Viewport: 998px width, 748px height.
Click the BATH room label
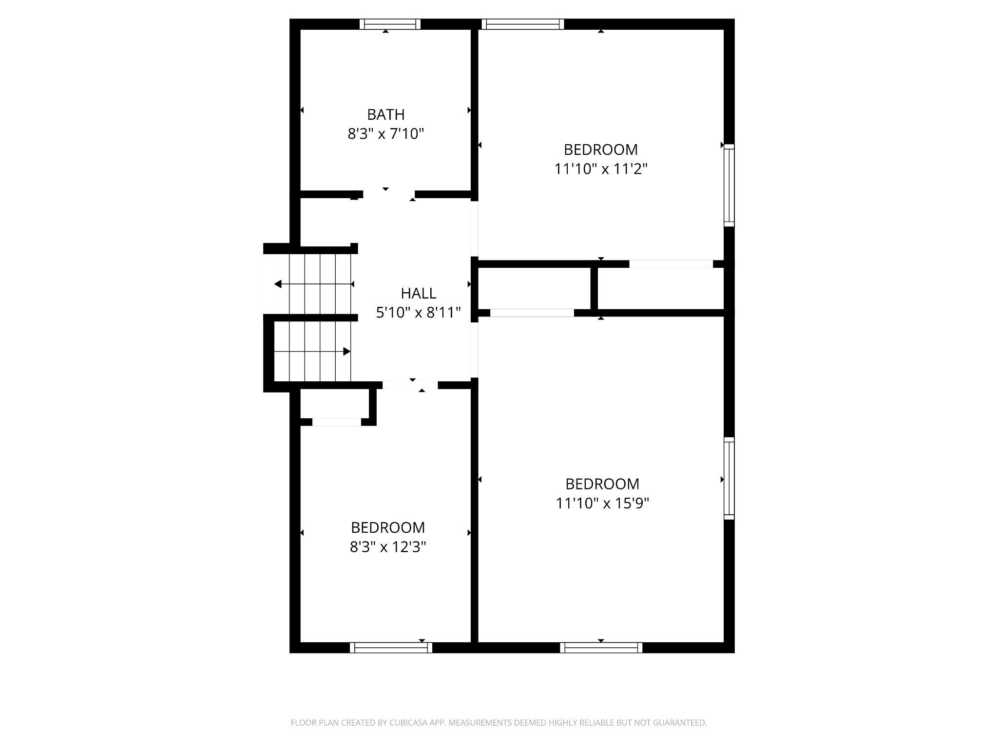tap(385, 114)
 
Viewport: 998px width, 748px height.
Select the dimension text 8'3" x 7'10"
tap(385, 134)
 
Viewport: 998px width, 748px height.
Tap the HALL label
tap(418, 293)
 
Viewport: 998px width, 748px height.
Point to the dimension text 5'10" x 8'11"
tap(418, 313)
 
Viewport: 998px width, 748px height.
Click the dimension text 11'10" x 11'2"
tap(600, 169)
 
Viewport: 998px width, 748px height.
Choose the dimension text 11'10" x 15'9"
tap(602, 503)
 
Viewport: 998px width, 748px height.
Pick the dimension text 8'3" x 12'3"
tap(388, 547)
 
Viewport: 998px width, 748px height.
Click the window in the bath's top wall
tap(390, 24)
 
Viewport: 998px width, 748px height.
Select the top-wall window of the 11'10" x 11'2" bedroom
tap(523, 24)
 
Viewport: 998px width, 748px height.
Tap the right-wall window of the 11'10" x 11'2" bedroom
tap(729, 185)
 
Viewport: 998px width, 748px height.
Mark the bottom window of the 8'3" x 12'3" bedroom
tap(391, 647)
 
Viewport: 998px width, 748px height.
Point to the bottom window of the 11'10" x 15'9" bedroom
tap(601, 647)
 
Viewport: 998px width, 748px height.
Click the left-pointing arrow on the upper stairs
tap(278, 284)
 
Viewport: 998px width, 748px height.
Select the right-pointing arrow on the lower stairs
tap(346, 351)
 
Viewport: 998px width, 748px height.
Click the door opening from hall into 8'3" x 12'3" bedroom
tap(410, 385)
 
